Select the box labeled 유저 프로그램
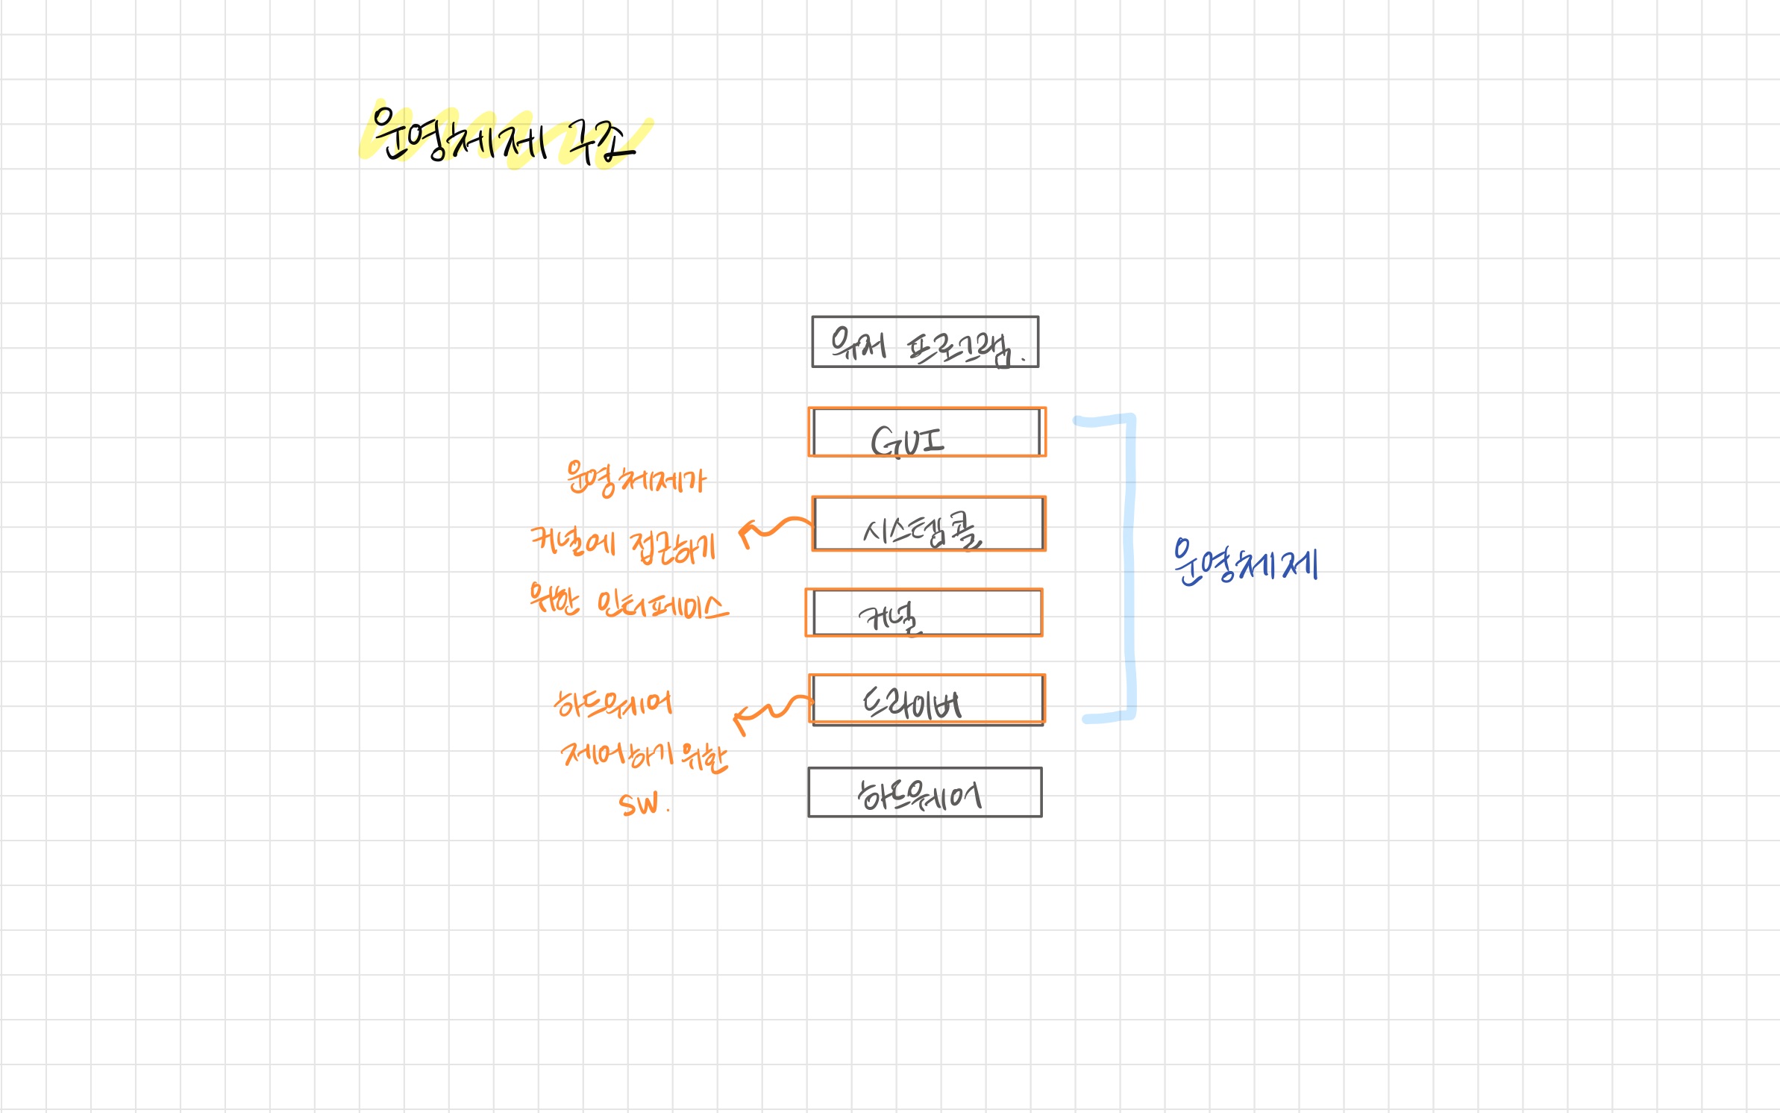tap(925, 343)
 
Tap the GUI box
tap(927, 432)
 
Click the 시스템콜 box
tap(929, 524)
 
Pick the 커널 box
tap(924, 613)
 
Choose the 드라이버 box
tap(927, 699)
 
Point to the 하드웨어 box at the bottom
tap(925, 793)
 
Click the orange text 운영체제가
tap(635, 479)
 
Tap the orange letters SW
tap(639, 805)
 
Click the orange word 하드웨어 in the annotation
tap(612, 703)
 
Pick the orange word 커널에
tap(573, 542)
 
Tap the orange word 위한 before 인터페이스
tap(554, 599)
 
